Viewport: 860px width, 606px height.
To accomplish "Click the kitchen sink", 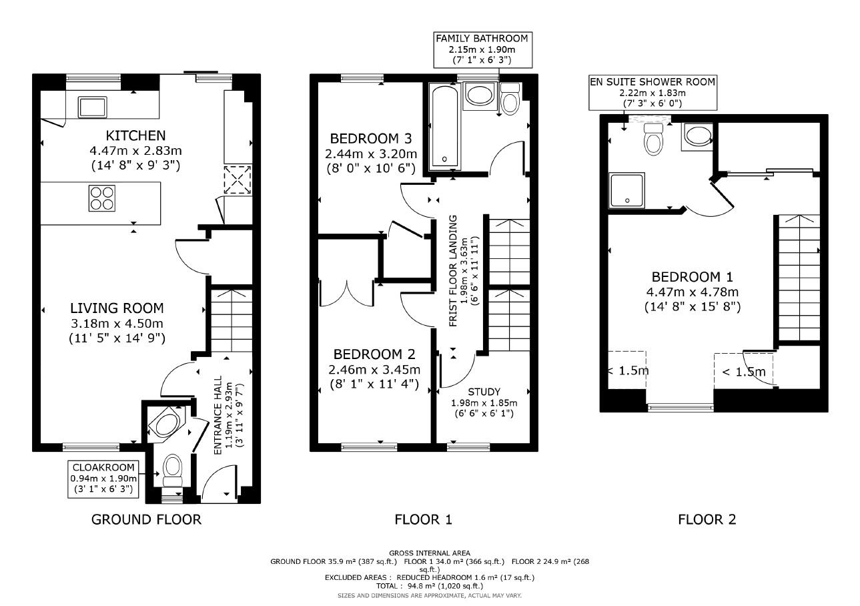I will pos(92,106).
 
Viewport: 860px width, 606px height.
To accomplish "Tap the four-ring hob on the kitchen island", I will pos(101,198).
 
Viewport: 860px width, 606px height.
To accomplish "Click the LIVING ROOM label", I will pos(117,308).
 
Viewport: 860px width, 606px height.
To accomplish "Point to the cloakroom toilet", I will pos(172,469).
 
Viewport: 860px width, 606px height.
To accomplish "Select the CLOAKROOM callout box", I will pos(103,479).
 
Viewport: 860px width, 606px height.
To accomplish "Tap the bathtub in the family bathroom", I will pos(443,127).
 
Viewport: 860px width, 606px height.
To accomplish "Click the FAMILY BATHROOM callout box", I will pos(482,49).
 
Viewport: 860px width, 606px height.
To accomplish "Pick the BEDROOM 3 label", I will pos(370,139).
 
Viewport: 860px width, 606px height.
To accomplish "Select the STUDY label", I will pos(484,392).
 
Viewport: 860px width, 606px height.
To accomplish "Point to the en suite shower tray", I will pos(626,190).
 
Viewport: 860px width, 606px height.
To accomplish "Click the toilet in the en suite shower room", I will pos(653,139).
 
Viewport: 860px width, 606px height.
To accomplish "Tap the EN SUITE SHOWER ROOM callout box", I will pos(652,93).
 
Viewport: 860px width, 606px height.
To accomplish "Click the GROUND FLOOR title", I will pos(145,519).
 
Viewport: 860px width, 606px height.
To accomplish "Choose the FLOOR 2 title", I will pos(707,519).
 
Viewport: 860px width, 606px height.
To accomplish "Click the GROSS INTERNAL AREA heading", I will pos(429,553).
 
